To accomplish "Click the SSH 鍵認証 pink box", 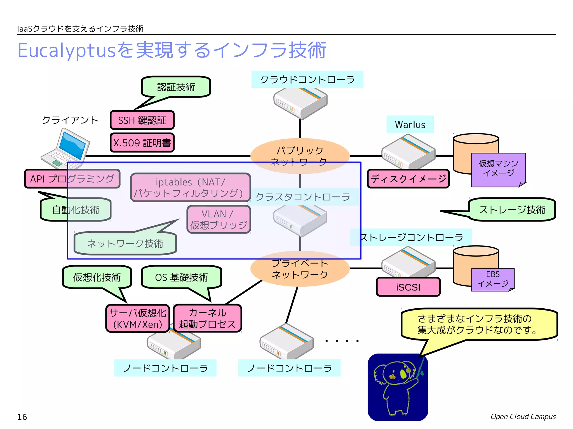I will click(142, 120).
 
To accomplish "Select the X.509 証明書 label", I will click(142, 143).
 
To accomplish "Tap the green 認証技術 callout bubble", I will click(176, 87).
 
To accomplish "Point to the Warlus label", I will click(410, 124).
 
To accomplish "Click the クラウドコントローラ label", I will click(307, 80).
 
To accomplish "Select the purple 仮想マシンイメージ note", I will click(498, 169).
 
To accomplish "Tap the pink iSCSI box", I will click(408, 287).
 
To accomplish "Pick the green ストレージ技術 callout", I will click(512, 209).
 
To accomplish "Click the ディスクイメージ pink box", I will click(408, 178).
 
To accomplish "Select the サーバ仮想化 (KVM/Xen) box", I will click(138, 318).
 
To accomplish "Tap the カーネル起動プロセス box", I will click(207, 318).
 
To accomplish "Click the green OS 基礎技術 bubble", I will click(181, 277).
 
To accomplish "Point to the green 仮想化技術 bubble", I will click(97, 277).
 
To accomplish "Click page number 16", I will click(22, 417).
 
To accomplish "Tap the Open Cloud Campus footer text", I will click(523, 416).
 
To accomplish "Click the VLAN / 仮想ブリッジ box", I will click(219, 219).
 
